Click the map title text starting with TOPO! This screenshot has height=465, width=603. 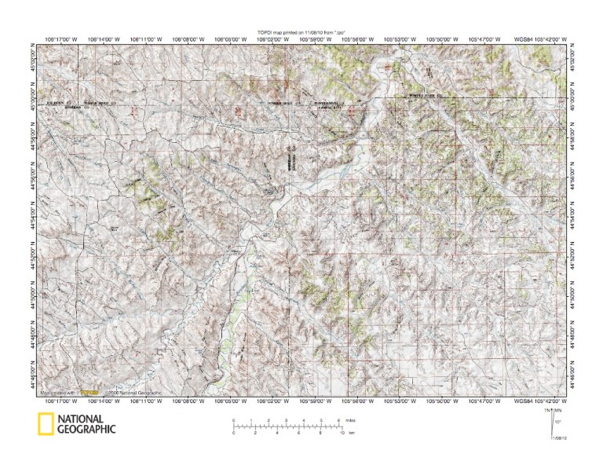(x=301, y=31)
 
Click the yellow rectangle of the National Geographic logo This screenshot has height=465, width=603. (x=46, y=423)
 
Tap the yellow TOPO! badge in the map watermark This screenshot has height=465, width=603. (x=93, y=392)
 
